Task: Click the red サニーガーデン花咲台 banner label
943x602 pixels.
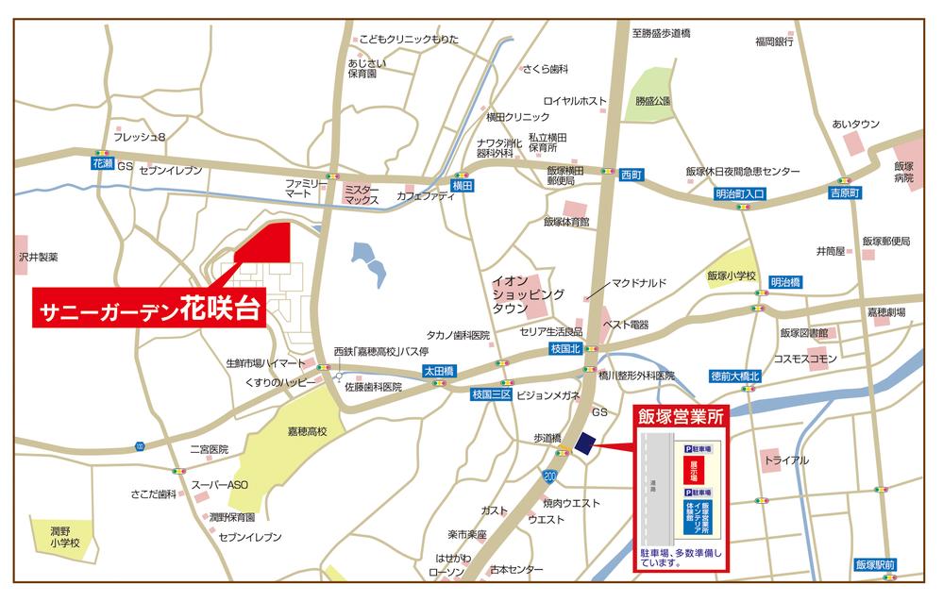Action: tap(148, 310)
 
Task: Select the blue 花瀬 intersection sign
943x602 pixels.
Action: tap(103, 163)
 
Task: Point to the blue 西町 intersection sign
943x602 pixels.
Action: tap(631, 175)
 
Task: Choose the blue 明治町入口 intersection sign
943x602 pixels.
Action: tap(740, 192)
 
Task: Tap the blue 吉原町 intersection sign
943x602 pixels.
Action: tap(846, 192)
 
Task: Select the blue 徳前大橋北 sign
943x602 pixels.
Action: tap(735, 376)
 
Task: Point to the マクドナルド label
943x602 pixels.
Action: tap(640, 282)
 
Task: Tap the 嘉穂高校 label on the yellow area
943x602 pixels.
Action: tap(307, 431)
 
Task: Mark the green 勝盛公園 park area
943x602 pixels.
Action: tap(650, 95)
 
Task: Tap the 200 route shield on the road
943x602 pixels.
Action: tap(551, 477)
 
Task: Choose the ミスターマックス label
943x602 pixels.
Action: tap(362, 194)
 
